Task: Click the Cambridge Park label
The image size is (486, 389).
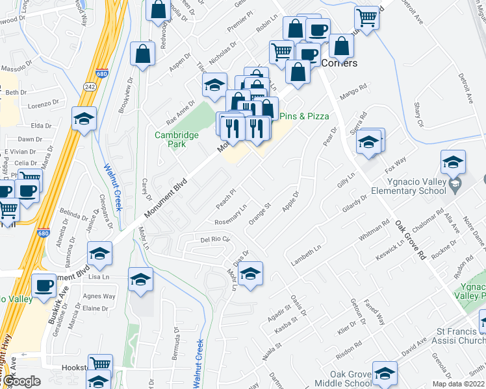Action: point(176,139)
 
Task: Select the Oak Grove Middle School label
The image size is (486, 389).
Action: point(342,379)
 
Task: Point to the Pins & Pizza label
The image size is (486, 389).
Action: point(304,116)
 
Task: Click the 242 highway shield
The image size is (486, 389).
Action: point(90,86)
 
